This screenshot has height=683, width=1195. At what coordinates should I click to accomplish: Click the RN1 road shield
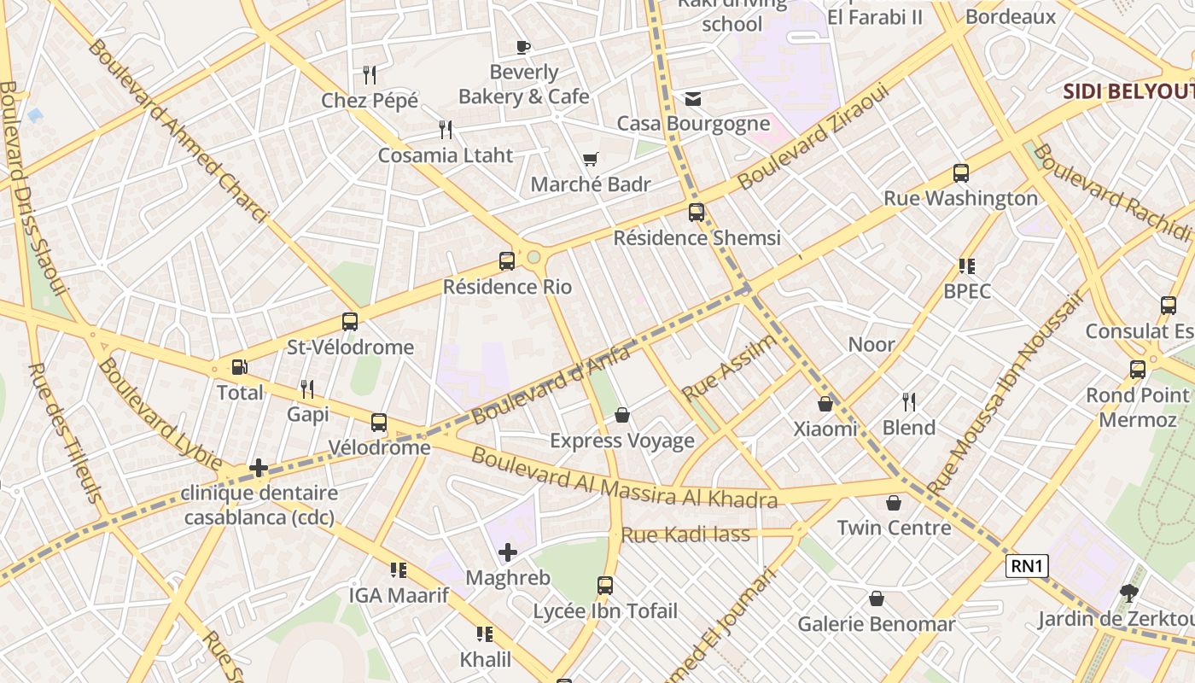(x=1027, y=565)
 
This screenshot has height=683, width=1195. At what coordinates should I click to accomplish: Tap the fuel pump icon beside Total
(x=240, y=367)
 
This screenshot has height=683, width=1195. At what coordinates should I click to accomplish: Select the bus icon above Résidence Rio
(x=507, y=261)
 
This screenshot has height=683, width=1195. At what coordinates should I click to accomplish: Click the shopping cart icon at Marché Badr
(x=590, y=159)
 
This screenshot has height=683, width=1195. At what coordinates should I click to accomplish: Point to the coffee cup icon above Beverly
(x=523, y=47)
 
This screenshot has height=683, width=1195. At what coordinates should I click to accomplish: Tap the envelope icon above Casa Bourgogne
(x=693, y=99)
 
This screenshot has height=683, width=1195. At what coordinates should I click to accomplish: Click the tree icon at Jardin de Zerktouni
(x=1129, y=593)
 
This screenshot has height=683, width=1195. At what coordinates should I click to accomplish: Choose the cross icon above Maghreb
(x=508, y=552)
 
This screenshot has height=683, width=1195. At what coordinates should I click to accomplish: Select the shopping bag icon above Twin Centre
(x=894, y=503)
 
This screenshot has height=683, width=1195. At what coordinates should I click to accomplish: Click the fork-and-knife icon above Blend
(x=909, y=401)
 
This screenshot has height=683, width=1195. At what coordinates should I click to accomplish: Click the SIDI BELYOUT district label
(x=1128, y=91)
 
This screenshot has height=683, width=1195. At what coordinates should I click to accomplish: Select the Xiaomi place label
(x=825, y=429)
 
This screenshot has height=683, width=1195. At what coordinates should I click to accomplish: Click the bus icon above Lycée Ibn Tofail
(x=605, y=586)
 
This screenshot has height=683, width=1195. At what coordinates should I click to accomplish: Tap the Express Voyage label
(x=622, y=441)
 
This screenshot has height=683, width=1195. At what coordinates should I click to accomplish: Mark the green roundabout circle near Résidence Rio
(x=534, y=257)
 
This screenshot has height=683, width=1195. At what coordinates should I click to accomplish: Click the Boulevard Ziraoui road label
(x=813, y=137)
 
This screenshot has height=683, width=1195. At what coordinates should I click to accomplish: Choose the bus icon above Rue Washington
(x=961, y=173)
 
